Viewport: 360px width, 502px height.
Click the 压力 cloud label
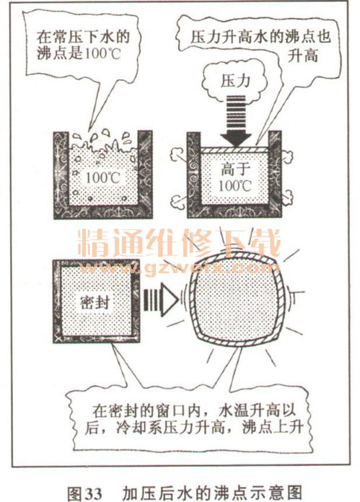235,81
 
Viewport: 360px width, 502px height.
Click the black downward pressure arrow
236,121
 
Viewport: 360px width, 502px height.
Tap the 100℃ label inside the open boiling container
102,177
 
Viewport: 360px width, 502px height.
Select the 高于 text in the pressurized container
235,169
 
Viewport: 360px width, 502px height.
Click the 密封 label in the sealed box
95,302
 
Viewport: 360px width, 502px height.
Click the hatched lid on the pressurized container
234,150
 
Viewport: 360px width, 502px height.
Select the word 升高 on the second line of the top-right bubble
302,56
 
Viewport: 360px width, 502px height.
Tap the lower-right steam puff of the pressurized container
287,197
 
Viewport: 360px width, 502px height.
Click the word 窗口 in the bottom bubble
169,410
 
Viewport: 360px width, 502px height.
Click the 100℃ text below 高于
235,186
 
